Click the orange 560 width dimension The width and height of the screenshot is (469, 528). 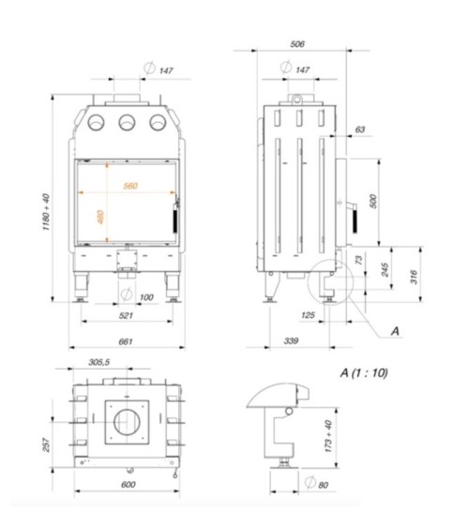point(129,187)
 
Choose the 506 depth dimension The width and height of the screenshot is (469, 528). point(296,43)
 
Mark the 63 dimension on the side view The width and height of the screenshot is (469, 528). point(361,130)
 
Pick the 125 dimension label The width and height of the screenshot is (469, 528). point(308,316)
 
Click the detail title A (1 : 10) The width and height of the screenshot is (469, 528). point(364,371)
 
